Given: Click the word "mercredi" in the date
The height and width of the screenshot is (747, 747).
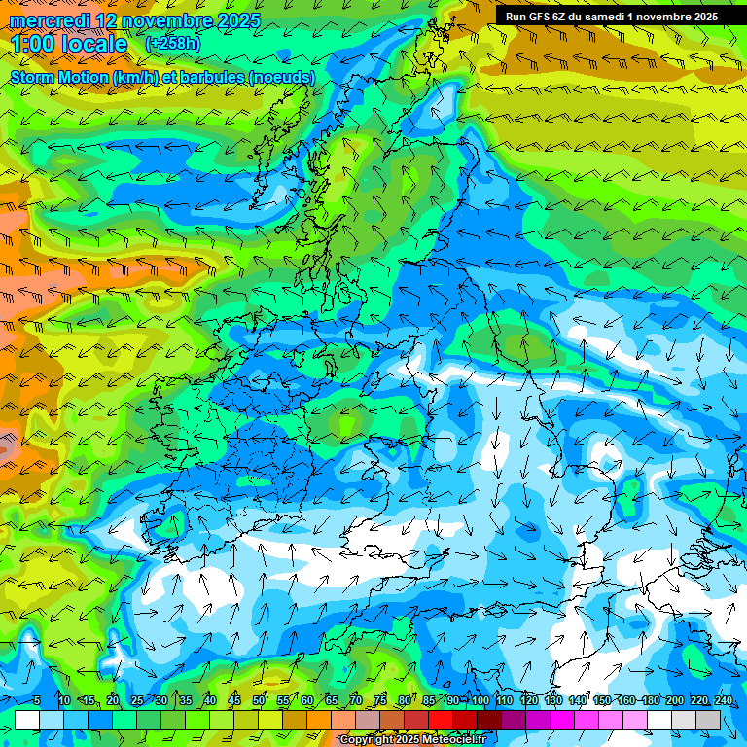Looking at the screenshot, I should click(50, 20).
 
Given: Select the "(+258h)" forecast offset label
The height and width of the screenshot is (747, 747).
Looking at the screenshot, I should click(173, 44).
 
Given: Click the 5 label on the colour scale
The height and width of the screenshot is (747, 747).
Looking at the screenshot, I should click(36, 700).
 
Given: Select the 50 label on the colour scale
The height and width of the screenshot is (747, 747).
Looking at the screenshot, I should click(259, 700).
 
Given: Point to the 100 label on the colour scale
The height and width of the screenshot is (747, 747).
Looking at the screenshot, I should click(480, 700).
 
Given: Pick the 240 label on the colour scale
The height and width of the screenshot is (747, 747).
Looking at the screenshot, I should click(724, 700).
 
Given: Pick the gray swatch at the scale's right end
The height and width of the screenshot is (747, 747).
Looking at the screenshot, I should click(709, 720).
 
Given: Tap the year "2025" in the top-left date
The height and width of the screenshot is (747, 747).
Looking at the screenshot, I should click(238, 20).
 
